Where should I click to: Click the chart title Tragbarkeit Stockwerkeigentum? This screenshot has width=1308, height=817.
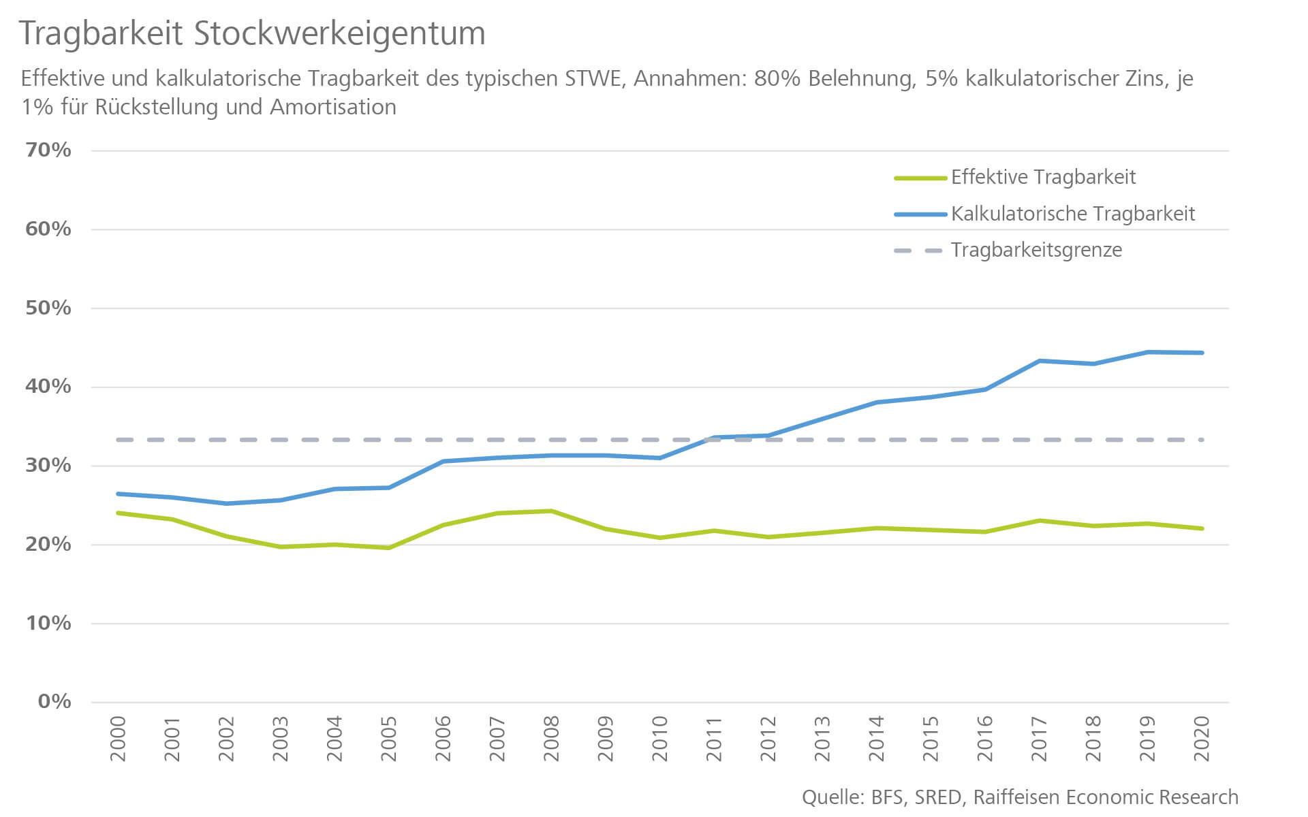click(x=252, y=33)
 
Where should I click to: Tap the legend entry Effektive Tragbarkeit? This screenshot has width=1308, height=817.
click(x=1043, y=177)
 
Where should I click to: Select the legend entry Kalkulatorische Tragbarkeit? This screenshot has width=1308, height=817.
click(x=1073, y=214)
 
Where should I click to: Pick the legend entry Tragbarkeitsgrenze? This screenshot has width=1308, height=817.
click(x=1036, y=250)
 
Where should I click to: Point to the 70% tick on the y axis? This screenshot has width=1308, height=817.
click(x=48, y=150)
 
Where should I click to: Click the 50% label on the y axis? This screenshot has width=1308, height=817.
click(x=48, y=308)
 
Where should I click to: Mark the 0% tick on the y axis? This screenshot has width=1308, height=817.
click(x=54, y=701)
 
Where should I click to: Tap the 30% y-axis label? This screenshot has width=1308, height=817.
click(x=48, y=466)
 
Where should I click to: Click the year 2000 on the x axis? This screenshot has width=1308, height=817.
click(x=118, y=739)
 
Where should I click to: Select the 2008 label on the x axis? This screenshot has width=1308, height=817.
click(x=551, y=739)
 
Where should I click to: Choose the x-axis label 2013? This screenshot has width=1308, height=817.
click(x=822, y=739)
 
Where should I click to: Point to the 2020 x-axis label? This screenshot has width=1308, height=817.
click(x=1202, y=739)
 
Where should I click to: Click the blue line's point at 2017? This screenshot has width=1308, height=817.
click(x=1039, y=361)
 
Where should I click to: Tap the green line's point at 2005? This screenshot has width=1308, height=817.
click(x=389, y=547)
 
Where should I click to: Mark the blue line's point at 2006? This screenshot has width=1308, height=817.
click(x=443, y=462)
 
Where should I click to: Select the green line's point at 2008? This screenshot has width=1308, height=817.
click(x=551, y=511)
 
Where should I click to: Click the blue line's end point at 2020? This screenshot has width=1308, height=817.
click(x=1202, y=353)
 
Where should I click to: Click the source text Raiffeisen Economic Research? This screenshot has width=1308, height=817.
click(x=1106, y=797)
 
